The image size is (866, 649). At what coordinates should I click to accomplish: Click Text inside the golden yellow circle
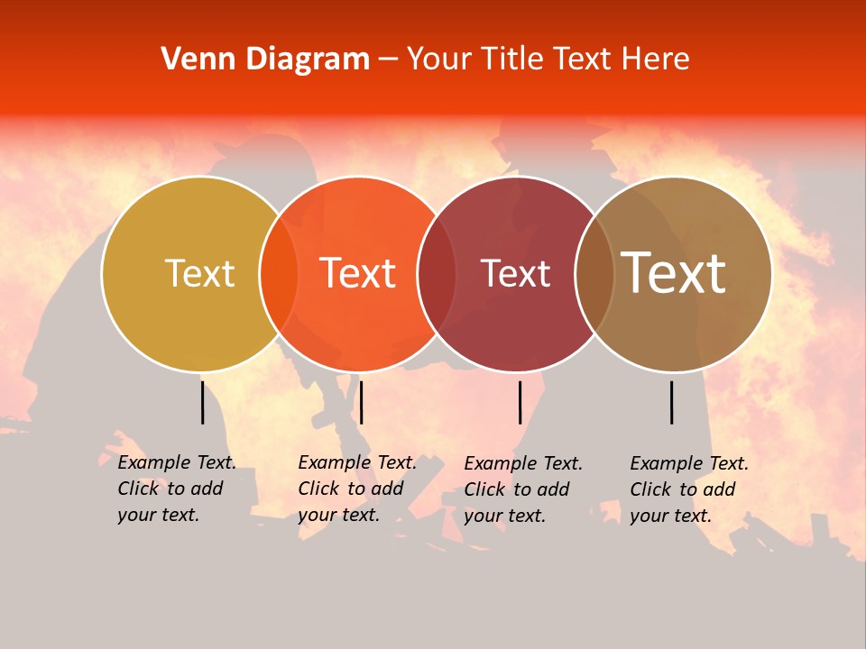click(199, 273)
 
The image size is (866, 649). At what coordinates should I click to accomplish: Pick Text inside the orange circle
click(358, 273)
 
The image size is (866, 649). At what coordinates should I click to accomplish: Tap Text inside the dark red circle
click(516, 273)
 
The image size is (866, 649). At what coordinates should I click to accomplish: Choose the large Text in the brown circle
click(673, 273)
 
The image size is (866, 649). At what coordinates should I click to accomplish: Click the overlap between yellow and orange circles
click(279, 274)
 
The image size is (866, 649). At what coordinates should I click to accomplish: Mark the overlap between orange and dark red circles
click(437, 274)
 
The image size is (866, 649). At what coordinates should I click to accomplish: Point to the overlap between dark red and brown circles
click(594, 274)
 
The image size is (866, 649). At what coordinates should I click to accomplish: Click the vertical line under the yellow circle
click(202, 402)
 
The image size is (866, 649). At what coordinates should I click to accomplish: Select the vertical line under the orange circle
click(361, 402)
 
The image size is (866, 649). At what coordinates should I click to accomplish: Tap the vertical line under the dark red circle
click(521, 402)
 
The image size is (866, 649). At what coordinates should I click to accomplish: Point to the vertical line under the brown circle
click(672, 402)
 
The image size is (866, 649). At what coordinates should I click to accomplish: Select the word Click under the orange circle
click(318, 489)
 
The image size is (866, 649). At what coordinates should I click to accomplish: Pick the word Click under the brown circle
click(650, 489)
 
